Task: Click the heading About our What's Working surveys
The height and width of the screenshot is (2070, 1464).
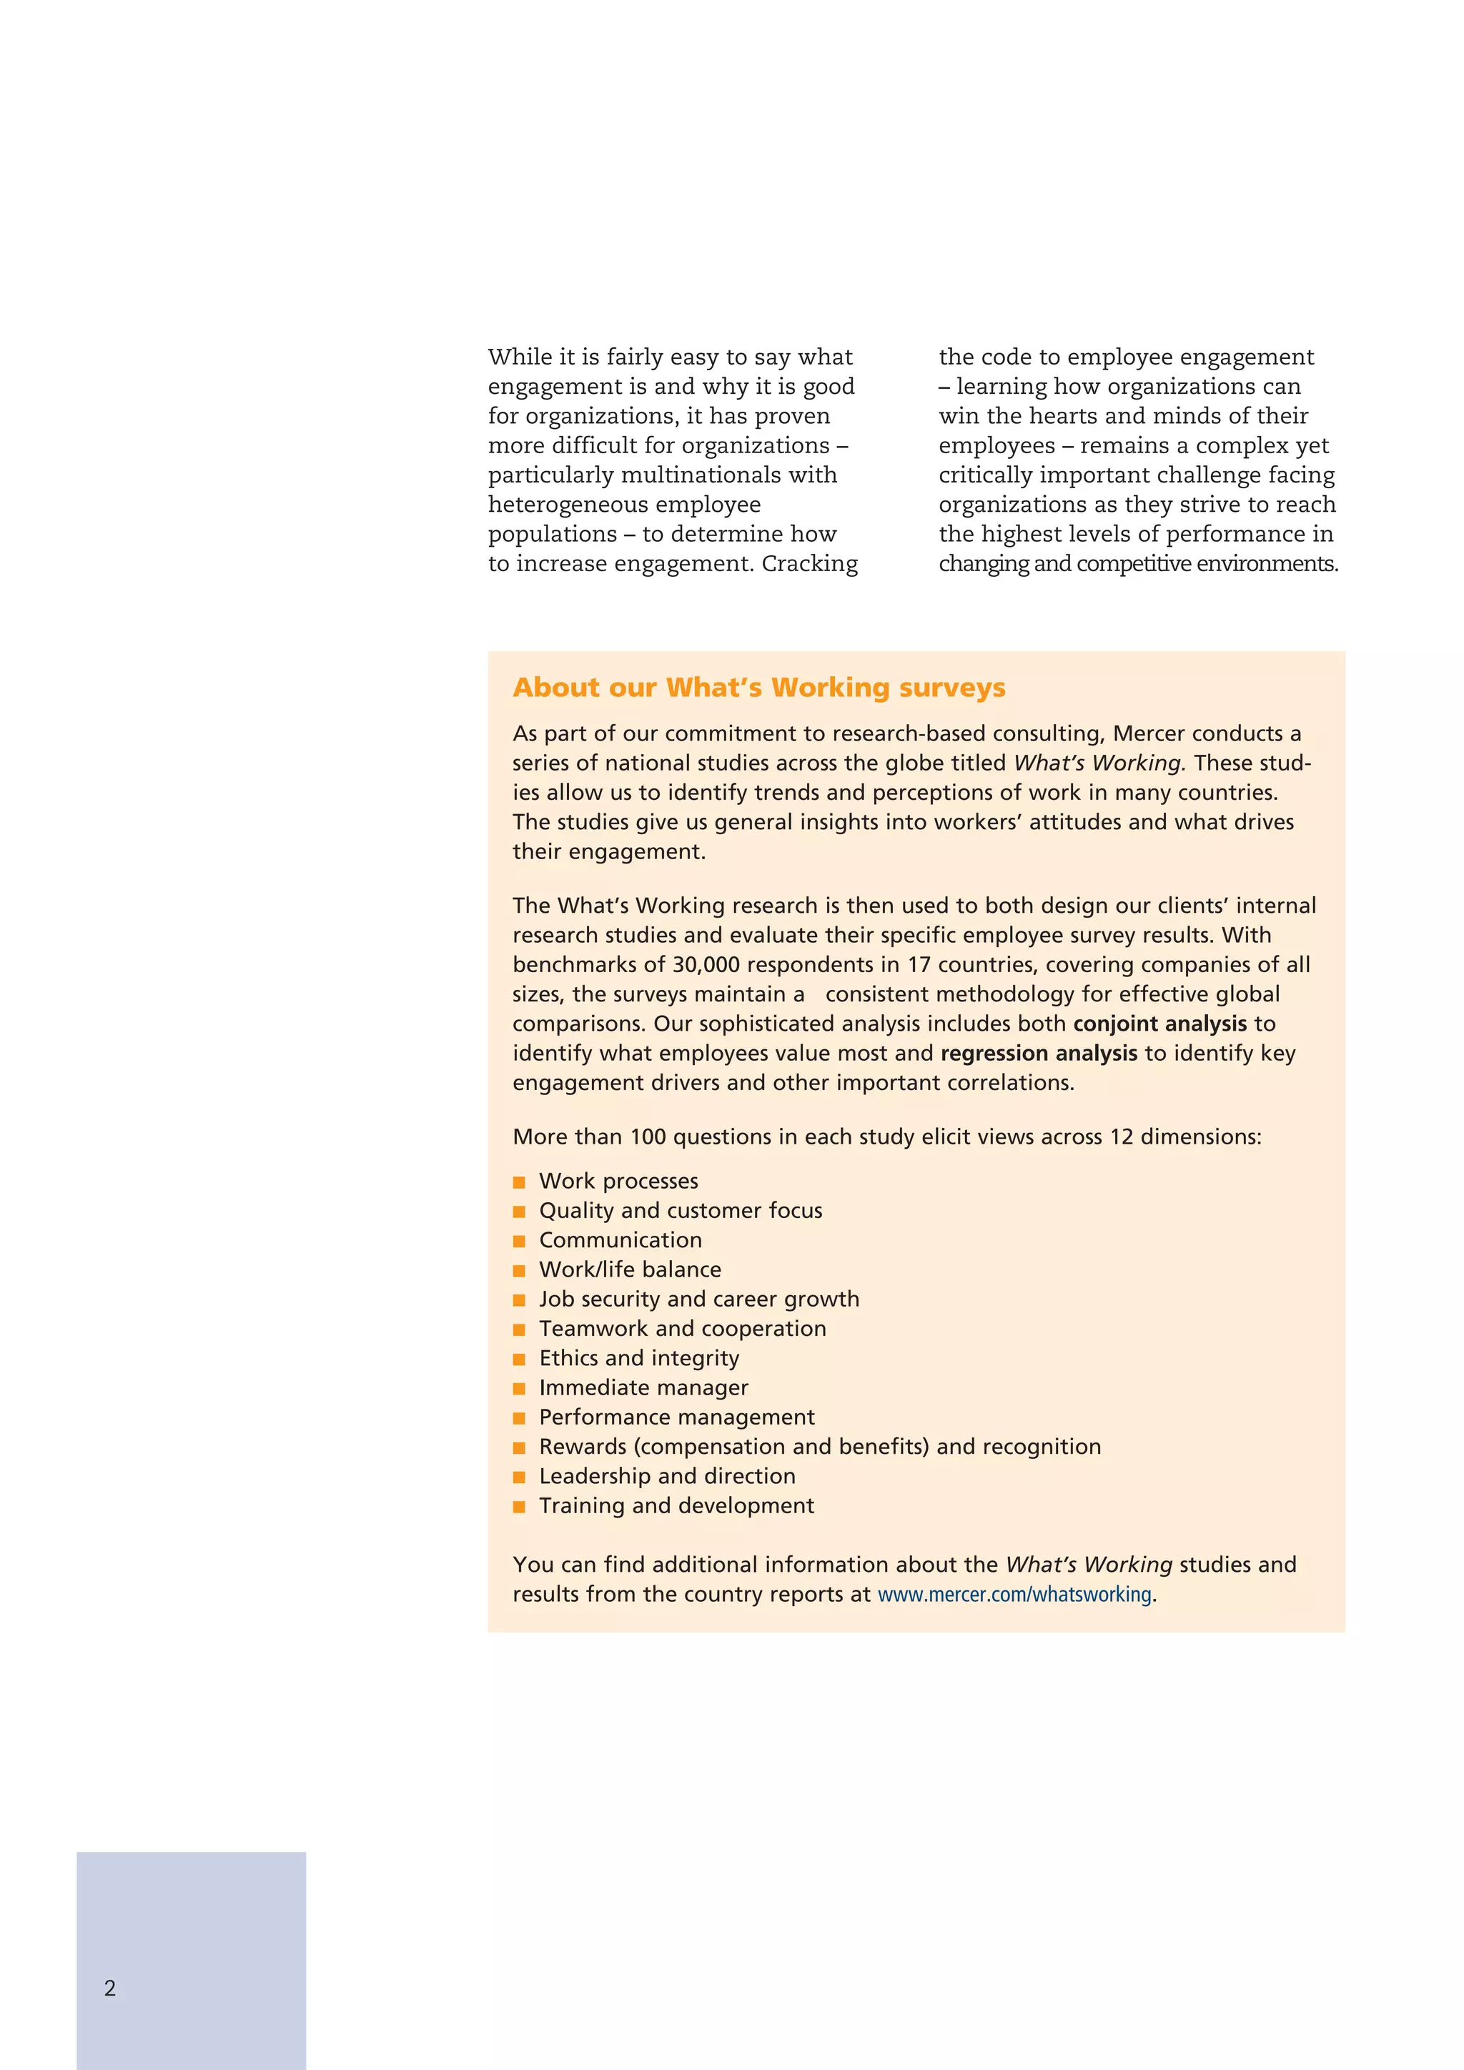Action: [758, 687]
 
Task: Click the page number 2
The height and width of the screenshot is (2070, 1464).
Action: [110, 1988]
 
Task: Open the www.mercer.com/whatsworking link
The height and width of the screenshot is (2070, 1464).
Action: [1014, 1594]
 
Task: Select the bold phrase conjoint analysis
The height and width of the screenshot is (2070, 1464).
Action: [1159, 1024]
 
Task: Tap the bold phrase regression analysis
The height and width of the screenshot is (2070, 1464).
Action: [1039, 1053]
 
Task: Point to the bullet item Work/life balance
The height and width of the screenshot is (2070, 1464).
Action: [629, 1269]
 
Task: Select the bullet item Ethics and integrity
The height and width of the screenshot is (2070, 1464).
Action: [638, 1358]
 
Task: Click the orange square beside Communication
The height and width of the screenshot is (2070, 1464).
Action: [519, 1242]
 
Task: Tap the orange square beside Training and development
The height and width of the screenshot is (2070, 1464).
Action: [519, 1507]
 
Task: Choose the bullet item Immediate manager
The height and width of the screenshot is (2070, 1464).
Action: [643, 1387]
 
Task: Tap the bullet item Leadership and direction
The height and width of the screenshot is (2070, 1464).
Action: [666, 1476]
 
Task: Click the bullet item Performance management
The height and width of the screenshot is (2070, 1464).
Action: [676, 1417]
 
